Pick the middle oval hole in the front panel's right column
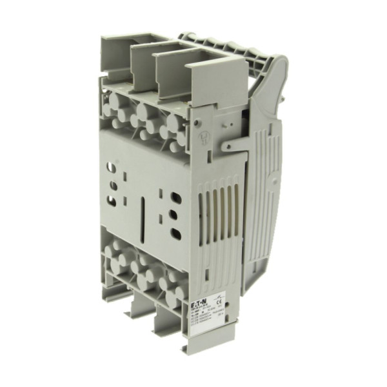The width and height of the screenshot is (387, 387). [174, 213]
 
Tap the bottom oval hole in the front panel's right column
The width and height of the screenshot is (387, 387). [175, 230]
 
